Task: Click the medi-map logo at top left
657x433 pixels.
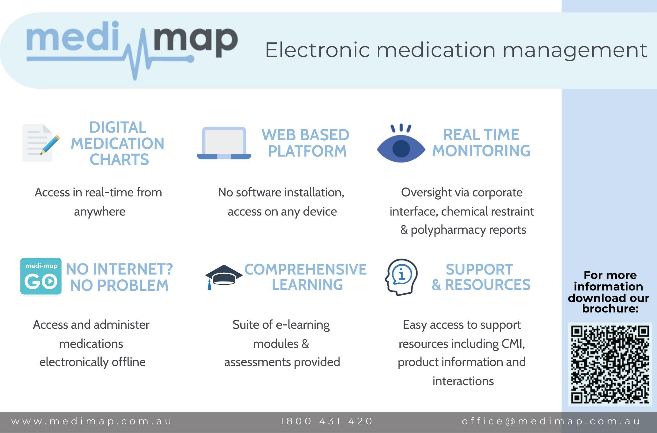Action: (132, 48)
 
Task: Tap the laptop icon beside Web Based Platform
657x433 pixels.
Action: (224, 143)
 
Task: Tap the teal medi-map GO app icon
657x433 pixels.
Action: (41, 276)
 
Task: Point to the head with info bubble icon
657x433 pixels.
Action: (401, 277)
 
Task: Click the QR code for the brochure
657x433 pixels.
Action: (610, 364)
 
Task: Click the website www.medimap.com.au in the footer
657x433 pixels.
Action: (91, 422)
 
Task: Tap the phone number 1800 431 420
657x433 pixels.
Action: (326, 422)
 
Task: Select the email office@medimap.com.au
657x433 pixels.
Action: (551, 422)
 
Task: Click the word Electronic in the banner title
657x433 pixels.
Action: (317, 50)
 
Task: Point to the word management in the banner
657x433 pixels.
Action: (574, 51)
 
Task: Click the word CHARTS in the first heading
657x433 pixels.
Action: (119, 159)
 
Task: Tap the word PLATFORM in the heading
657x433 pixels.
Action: (307, 151)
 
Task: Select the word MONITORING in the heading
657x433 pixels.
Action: (481, 151)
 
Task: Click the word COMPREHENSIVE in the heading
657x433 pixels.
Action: (305, 269)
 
